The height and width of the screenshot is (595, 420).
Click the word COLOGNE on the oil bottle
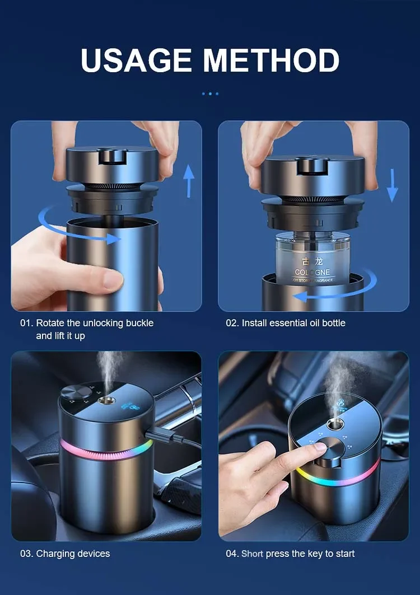312,273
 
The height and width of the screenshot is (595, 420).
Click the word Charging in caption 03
55,554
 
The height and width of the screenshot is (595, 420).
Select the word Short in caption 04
252,554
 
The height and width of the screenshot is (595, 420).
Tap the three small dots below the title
210,93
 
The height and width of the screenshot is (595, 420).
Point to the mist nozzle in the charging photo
104,400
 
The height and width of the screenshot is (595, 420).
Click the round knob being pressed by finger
324,448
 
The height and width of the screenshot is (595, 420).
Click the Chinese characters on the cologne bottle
312,261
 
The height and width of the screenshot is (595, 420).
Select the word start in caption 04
345,554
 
